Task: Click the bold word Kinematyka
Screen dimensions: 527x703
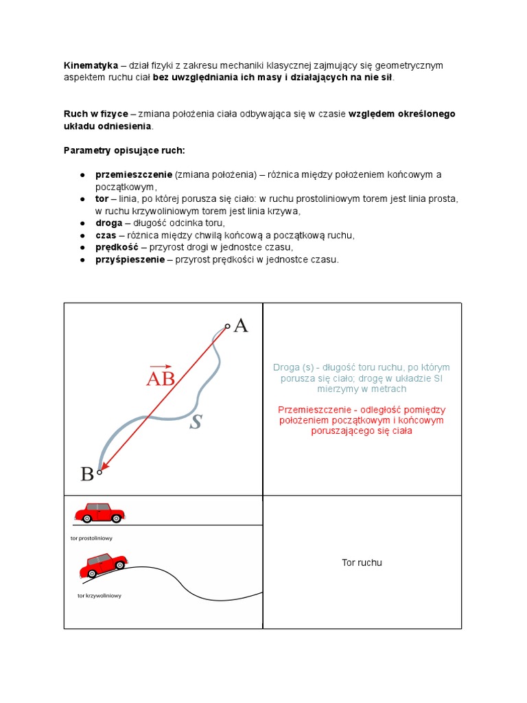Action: pos(91,66)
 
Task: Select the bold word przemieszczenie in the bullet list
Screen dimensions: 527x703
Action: pos(134,175)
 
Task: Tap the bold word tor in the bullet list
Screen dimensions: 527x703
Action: pos(102,199)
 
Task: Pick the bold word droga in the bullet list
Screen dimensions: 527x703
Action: pos(109,223)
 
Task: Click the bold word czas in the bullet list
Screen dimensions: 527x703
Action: pos(106,235)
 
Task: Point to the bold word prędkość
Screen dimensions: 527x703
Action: pos(117,247)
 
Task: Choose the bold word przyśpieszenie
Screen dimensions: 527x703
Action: pos(130,260)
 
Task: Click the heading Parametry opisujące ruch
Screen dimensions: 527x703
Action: pos(124,150)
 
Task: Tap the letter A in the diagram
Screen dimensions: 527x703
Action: pos(241,325)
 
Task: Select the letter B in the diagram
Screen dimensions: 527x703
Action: pos(87,474)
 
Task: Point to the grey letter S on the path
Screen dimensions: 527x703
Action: pos(196,422)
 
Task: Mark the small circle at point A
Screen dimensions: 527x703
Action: pos(228,326)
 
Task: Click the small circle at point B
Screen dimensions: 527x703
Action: pos(99,472)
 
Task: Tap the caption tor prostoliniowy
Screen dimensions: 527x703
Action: pos(91,538)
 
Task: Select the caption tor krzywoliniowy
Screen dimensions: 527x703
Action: pos(99,596)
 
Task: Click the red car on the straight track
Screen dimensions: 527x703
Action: pos(99,513)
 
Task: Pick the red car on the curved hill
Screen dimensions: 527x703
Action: pos(104,565)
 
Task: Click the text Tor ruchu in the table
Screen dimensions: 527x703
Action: pos(362,563)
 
